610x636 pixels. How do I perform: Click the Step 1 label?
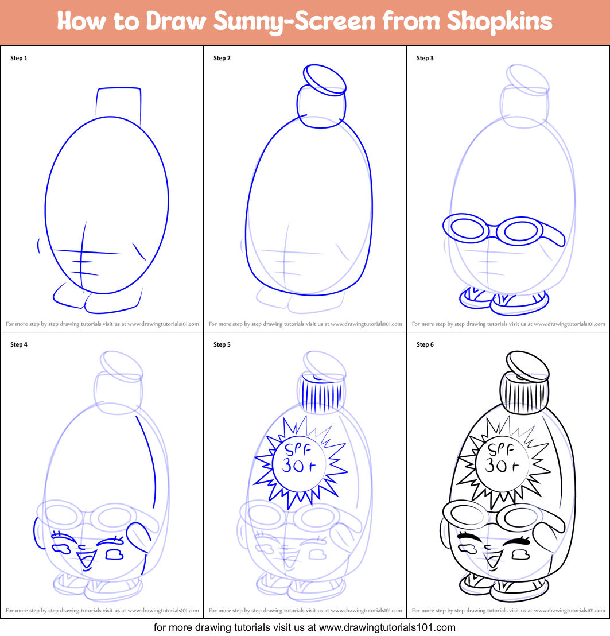pyautogui.click(x=19, y=58)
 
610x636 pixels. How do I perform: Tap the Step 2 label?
pyautogui.click(x=222, y=58)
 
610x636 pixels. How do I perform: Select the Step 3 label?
pyautogui.click(x=425, y=58)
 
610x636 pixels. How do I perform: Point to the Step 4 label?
pyautogui.click(x=19, y=344)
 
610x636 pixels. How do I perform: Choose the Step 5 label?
pyautogui.click(x=222, y=344)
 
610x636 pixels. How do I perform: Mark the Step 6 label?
pyautogui.click(x=425, y=344)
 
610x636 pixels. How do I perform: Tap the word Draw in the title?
pyautogui.click(x=176, y=22)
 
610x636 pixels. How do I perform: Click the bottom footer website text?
pyautogui.click(x=305, y=627)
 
